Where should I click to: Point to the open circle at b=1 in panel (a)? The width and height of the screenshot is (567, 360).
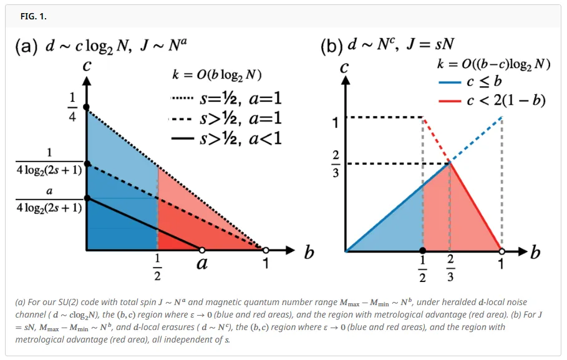[x=265, y=250]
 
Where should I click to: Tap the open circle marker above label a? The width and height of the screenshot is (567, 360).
[x=201, y=250]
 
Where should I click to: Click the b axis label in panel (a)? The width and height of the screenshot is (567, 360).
[x=309, y=252]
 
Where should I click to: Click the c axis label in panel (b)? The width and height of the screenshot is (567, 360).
[x=344, y=67]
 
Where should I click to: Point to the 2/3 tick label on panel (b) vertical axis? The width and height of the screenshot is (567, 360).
[x=336, y=164]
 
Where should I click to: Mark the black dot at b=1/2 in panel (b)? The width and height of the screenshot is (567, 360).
[x=423, y=252]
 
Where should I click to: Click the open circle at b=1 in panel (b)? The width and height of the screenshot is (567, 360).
[x=502, y=252]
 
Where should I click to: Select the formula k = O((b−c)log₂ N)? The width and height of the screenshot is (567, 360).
[x=492, y=63]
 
